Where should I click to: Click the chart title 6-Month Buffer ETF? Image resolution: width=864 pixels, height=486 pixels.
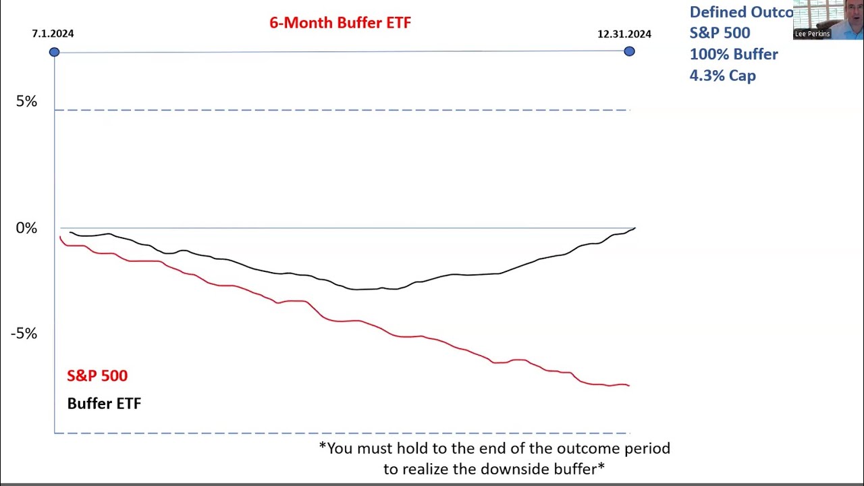pos(340,22)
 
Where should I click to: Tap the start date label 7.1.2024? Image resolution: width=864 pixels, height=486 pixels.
pos(53,34)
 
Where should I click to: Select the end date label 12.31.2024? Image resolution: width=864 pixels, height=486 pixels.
pos(624,34)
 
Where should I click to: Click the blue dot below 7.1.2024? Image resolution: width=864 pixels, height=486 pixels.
pos(54,52)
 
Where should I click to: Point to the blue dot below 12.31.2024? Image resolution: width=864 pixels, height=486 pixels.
pos(629,51)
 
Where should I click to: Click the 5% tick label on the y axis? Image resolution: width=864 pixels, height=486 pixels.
pos(26,101)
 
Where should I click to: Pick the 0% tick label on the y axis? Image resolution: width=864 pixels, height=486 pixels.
pos(26,228)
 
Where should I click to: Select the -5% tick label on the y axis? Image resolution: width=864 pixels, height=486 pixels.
pos(24,333)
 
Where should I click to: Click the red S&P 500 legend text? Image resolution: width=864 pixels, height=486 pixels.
pos(97,375)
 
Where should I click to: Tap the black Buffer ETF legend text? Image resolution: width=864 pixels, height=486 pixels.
pos(104,404)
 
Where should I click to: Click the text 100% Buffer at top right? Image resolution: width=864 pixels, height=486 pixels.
pos(733,54)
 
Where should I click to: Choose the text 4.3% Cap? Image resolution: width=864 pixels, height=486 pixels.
pos(722,76)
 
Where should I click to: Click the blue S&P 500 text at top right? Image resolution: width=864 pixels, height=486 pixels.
pos(720,32)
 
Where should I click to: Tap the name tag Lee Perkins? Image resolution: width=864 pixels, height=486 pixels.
pos(812,34)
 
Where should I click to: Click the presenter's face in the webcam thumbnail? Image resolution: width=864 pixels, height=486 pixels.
pos(852,15)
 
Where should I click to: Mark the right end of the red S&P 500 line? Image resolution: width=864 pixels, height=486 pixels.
pos(628,385)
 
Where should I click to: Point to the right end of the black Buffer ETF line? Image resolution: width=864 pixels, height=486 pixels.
pos(634,229)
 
